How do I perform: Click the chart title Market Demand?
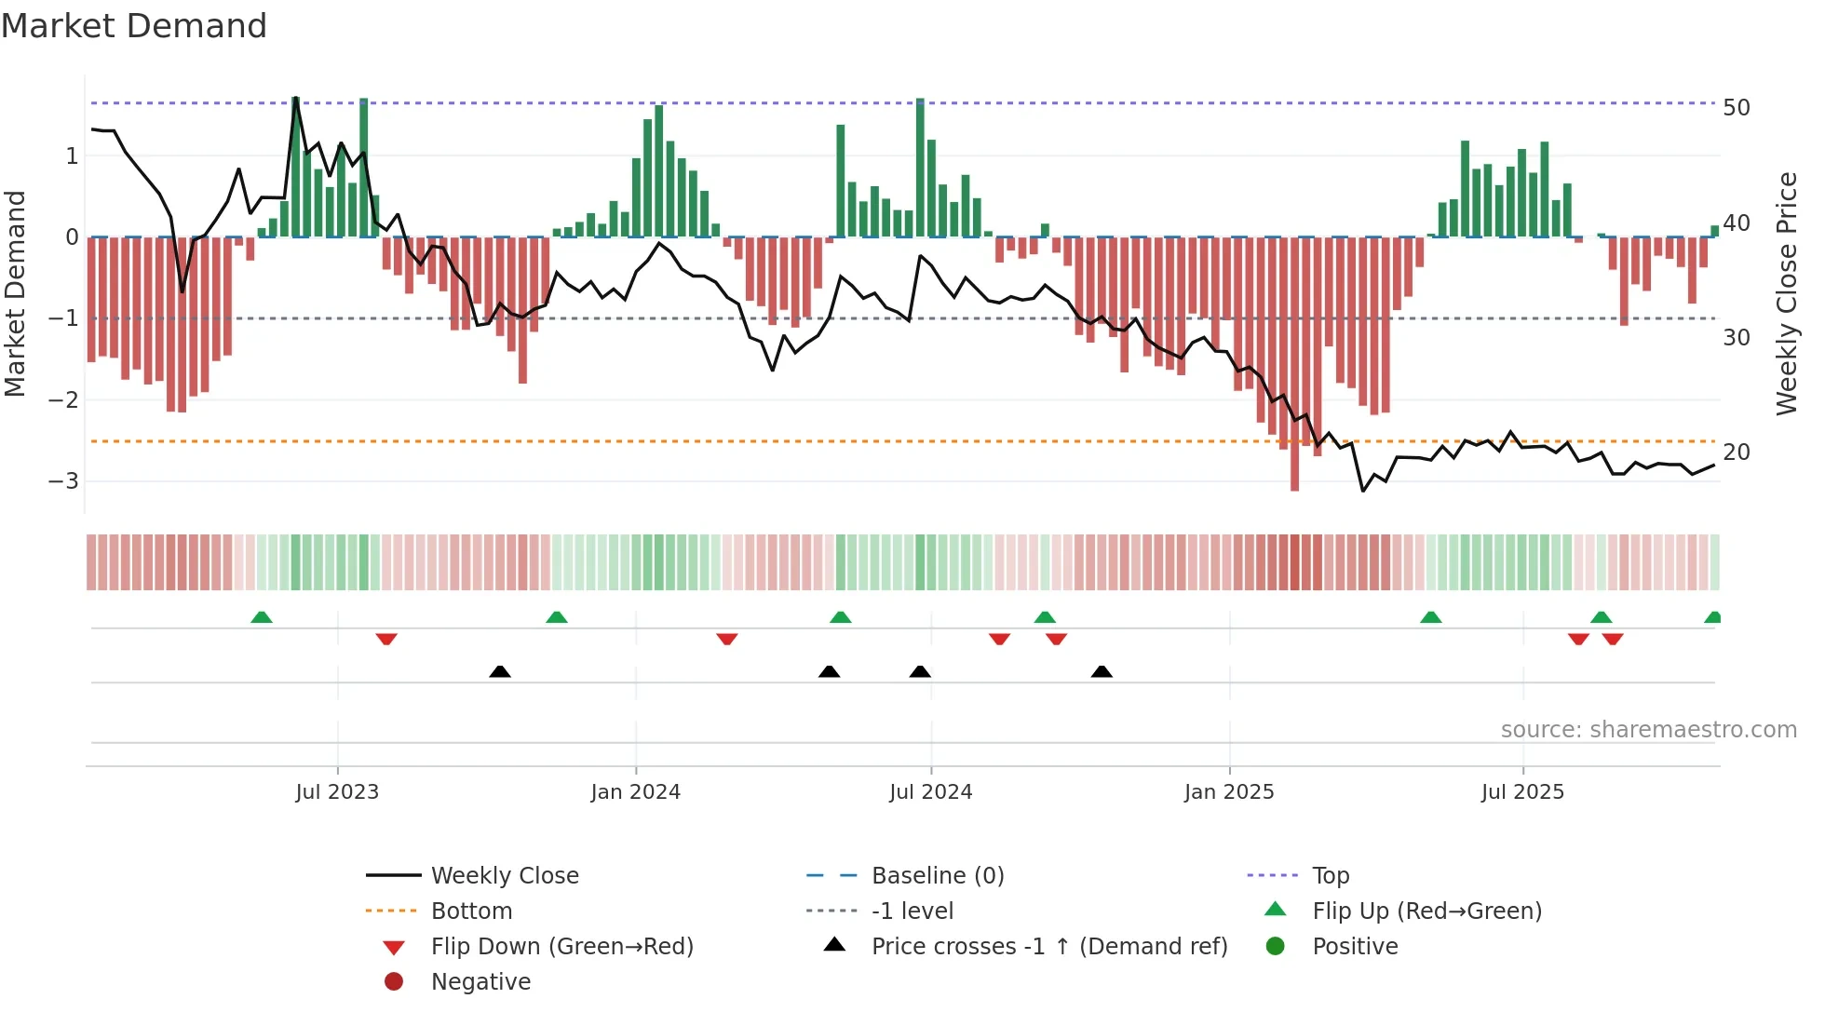[134, 26]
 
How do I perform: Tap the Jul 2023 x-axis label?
[337, 792]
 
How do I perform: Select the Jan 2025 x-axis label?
[1229, 792]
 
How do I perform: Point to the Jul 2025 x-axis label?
[1522, 792]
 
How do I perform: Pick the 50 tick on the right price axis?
[1737, 108]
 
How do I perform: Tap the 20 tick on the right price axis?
[1737, 452]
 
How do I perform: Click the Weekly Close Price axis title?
[1786, 293]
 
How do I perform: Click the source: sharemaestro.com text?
[1648, 730]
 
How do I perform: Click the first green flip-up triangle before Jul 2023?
[262, 617]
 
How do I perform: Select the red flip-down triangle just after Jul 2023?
[386, 639]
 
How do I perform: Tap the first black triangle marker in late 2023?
[500, 671]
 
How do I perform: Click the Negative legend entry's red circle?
[394, 982]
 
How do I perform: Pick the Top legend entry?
[1330, 876]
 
